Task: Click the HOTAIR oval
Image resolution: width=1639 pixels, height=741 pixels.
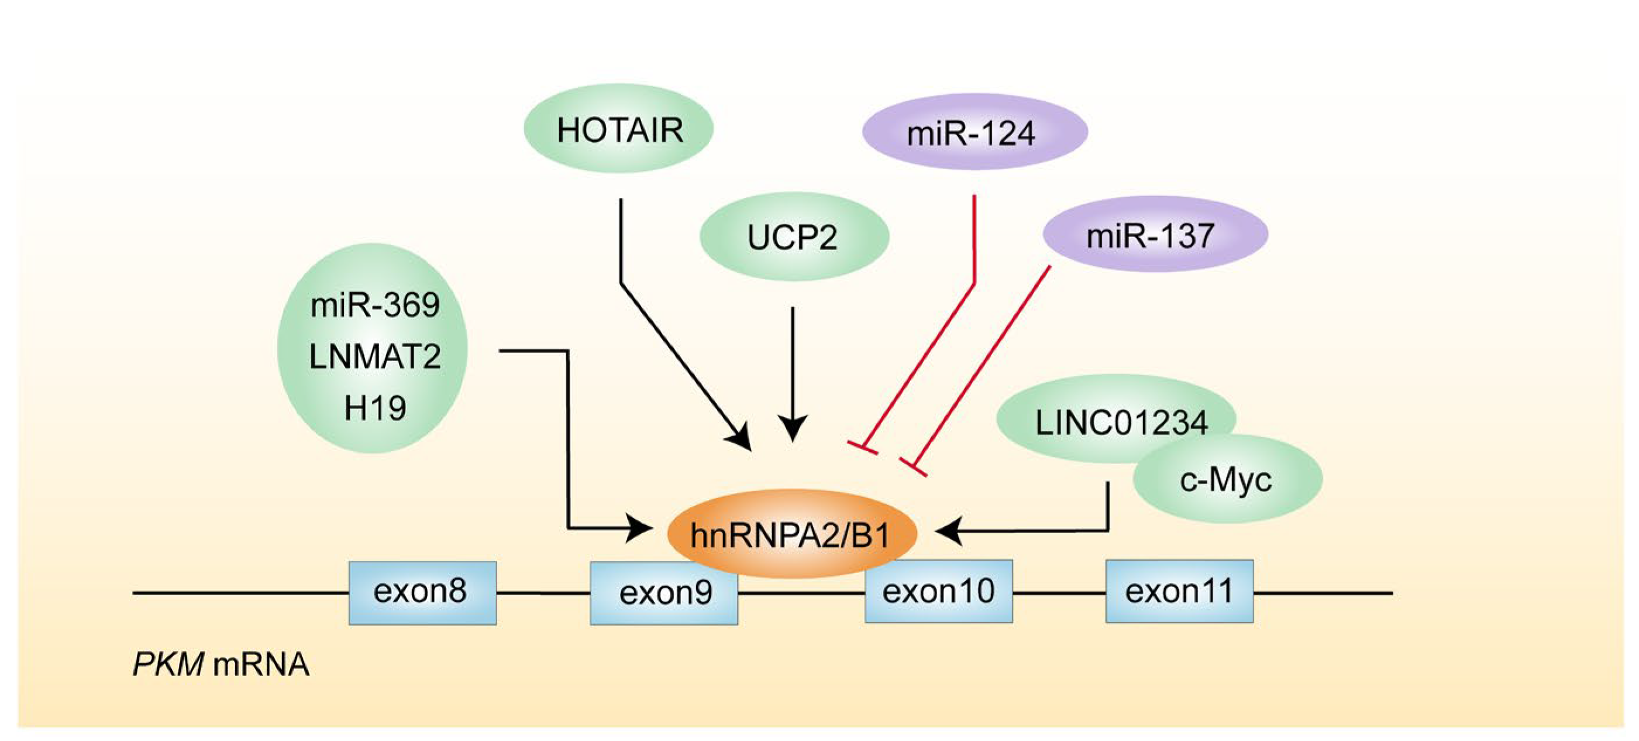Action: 618,129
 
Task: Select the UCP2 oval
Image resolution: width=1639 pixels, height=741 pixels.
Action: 793,237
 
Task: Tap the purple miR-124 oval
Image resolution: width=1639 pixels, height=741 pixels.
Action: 974,132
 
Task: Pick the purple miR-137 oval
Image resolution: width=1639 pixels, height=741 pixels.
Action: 1155,234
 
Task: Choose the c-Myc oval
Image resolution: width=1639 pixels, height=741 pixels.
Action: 1227,480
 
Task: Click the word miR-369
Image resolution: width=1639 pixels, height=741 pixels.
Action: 375,305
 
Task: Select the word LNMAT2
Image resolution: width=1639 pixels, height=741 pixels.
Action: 375,356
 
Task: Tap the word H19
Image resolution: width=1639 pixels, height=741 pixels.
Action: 375,408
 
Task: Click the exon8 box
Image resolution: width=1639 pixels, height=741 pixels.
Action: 422,592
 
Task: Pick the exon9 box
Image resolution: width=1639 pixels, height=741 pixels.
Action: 664,594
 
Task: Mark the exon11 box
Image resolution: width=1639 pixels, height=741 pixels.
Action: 1179,591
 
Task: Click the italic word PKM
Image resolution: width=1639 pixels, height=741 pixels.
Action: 167,664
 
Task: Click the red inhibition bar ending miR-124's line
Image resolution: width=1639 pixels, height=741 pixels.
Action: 862,447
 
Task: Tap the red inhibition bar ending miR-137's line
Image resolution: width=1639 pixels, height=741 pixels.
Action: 913,466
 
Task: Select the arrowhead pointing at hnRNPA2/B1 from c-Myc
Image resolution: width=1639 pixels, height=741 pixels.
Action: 948,530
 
